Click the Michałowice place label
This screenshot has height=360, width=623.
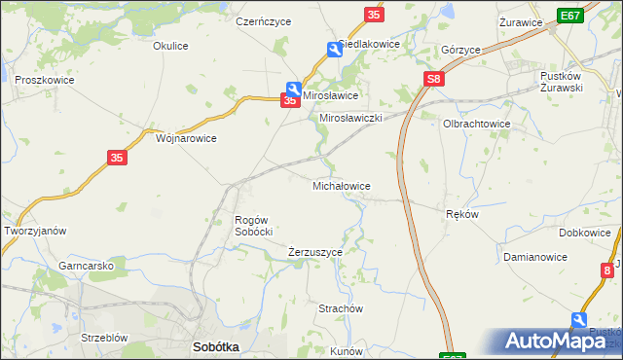tap(340, 185)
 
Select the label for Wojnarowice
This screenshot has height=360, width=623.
tap(186, 138)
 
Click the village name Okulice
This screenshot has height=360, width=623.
tap(170, 45)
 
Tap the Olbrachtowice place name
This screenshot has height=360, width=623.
tap(477, 125)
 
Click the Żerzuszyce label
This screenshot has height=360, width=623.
tap(315, 252)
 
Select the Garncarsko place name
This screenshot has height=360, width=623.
tap(88, 265)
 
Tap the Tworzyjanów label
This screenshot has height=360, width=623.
tap(35, 231)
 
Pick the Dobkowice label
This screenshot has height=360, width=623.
tap(585, 234)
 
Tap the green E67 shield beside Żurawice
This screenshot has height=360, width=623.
tap(571, 17)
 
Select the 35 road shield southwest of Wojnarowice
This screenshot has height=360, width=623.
tap(117, 158)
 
